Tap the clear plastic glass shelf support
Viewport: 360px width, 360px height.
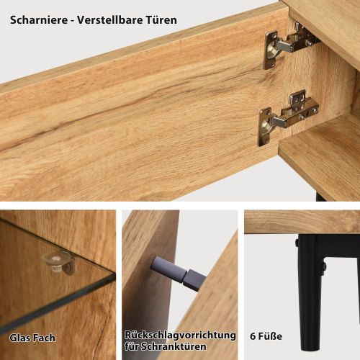[x=58, y=262]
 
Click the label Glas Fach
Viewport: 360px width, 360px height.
[x=32, y=336]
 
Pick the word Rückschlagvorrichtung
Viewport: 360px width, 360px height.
[x=180, y=336]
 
